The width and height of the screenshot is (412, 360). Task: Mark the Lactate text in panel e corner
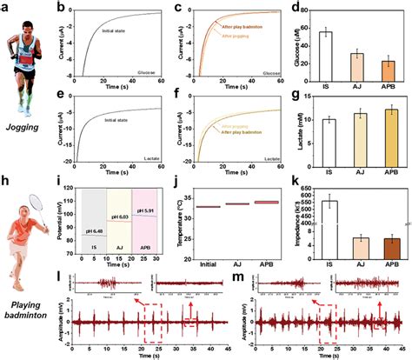[148, 159]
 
